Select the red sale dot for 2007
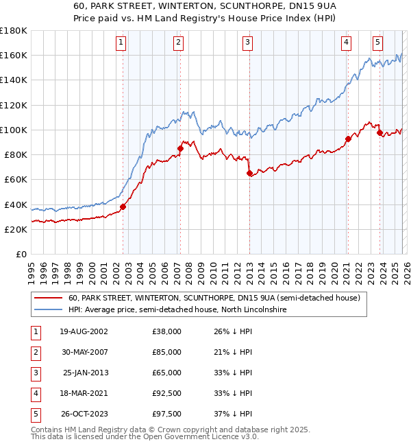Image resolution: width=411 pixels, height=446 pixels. (180, 148)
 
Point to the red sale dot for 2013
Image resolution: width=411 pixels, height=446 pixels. (249, 173)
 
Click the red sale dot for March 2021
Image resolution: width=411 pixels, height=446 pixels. (348, 139)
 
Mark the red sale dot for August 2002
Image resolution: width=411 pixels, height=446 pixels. (123, 207)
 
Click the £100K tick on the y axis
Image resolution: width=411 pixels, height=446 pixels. (14, 130)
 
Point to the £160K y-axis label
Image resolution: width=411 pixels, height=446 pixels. (14, 55)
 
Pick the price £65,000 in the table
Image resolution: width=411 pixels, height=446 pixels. (166, 372)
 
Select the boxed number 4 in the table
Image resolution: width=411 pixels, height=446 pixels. (34, 392)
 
